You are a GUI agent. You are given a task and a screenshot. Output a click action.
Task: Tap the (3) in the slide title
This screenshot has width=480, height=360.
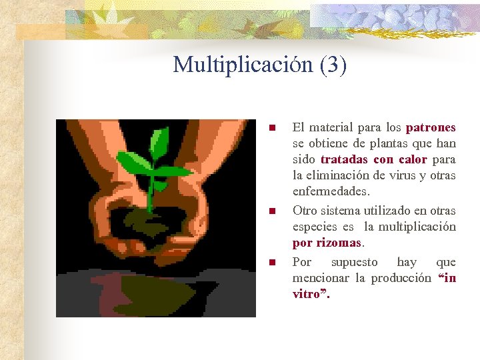click(x=333, y=65)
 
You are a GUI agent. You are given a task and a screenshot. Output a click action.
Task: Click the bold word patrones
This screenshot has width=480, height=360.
click(x=431, y=127)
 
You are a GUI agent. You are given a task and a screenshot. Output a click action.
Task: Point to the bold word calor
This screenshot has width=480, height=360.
click(x=413, y=160)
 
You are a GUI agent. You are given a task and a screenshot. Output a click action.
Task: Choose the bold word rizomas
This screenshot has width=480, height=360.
click(x=339, y=243)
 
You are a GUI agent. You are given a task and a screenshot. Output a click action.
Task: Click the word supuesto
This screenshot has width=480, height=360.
click(x=354, y=262)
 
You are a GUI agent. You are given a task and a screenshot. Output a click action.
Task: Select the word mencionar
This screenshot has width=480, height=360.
click(x=323, y=278)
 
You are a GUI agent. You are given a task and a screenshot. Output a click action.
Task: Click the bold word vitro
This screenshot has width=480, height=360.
click(x=307, y=294)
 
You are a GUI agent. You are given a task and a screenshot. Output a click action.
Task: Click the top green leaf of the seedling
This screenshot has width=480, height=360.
click(x=159, y=139)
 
